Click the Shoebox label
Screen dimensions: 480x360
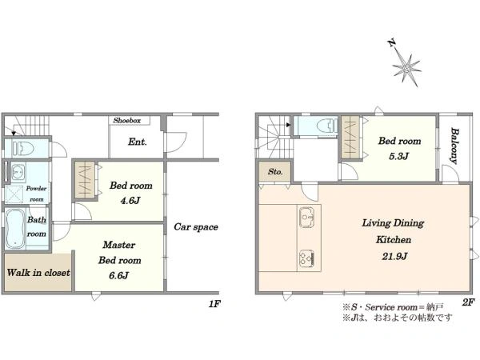click(127, 121)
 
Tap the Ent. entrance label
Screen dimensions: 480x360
click(138, 142)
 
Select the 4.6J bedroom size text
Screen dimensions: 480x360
click(130, 201)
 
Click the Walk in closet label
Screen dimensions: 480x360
click(38, 273)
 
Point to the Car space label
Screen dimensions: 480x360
click(196, 227)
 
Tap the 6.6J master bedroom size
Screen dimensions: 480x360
click(118, 275)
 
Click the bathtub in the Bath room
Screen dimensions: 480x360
click(15, 229)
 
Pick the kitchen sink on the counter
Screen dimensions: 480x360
click(306, 217)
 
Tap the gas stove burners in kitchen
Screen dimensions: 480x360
click(306, 258)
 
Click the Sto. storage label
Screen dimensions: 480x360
click(275, 172)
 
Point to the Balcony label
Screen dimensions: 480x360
click(454, 146)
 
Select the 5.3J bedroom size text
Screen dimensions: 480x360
click(398, 157)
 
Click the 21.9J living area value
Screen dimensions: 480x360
click(394, 256)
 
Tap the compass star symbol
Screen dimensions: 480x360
click(406, 68)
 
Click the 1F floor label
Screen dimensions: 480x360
click(214, 304)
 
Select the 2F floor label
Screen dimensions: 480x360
click(468, 302)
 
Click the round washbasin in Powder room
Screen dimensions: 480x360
click(18, 171)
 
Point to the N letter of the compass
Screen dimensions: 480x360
click(391, 42)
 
